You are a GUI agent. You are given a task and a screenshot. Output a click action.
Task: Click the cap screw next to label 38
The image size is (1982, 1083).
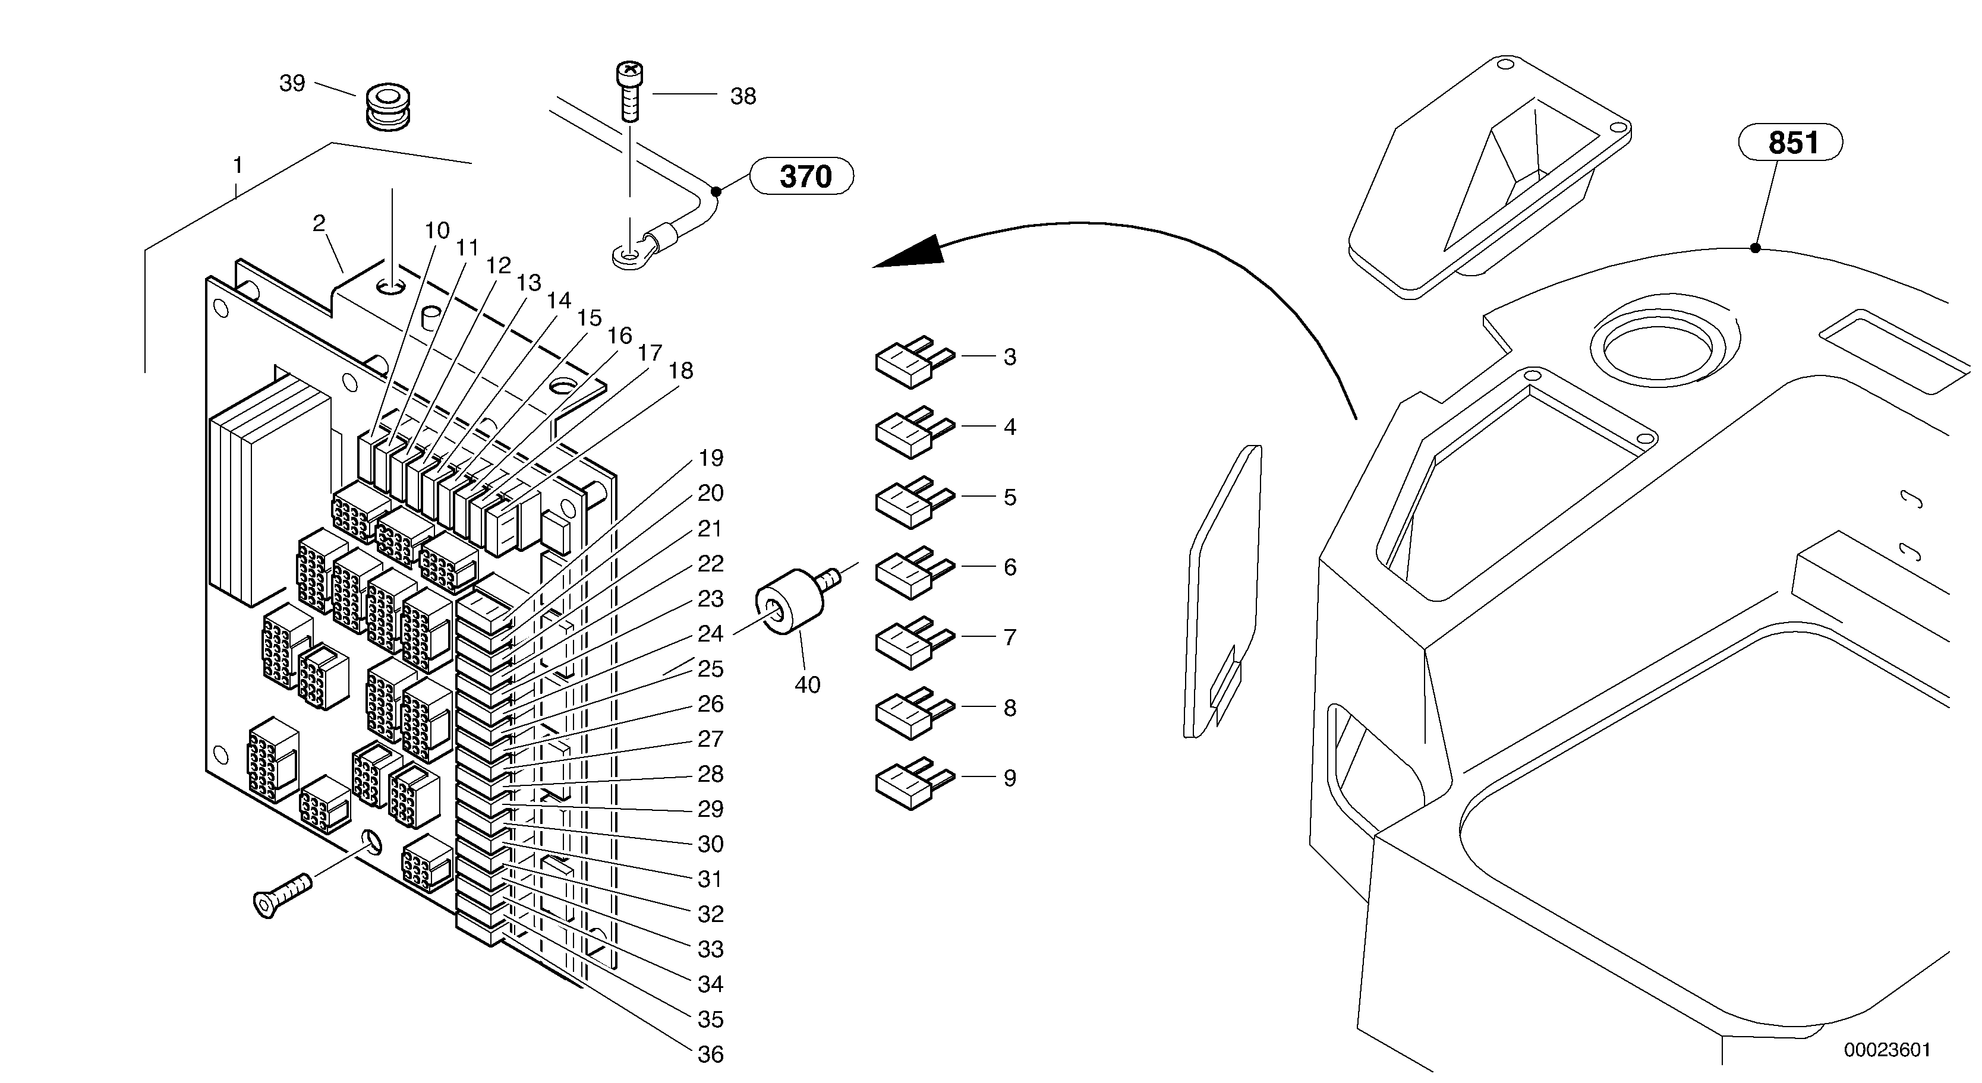tap(629, 91)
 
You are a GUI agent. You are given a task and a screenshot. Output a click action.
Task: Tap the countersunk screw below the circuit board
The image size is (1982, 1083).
tap(281, 895)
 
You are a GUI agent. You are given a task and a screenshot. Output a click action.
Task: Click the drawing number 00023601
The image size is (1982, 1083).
tap(1886, 1050)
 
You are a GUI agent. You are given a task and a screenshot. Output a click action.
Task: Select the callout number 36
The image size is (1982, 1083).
tap(710, 1054)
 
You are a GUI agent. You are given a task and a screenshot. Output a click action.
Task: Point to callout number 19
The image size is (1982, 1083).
tap(710, 459)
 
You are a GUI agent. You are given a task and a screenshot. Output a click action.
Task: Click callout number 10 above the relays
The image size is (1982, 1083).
tap(436, 230)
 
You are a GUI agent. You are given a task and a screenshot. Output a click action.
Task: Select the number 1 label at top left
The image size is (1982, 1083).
tap(238, 165)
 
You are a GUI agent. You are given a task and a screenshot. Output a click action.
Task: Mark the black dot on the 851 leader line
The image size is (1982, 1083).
tap(1755, 248)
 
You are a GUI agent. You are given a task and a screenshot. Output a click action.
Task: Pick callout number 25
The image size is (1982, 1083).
tap(710, 668)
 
